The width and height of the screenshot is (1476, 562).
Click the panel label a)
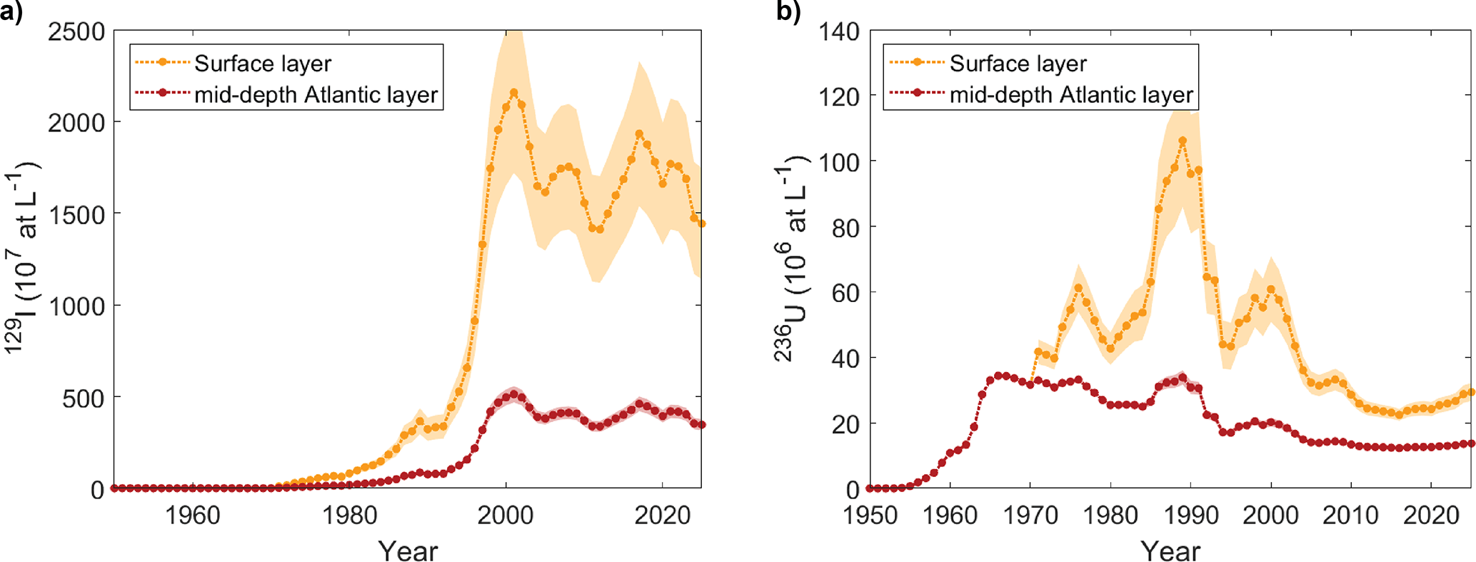coord(12,12)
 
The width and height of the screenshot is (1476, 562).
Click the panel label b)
coord(788,12)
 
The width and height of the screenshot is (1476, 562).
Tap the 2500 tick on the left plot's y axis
coord(76,32)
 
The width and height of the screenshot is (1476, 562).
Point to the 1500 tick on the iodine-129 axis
coord(76,215)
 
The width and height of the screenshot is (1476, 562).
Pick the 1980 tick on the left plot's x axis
coord(349,514)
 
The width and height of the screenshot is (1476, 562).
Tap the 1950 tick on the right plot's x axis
coord(870,514)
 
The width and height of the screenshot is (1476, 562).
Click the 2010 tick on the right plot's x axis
coord(1350,514)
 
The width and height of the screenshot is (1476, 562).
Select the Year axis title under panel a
coord(408,551)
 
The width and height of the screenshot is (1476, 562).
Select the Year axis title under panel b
coord(1170,551)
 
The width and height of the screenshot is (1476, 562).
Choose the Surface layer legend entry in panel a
coord(263,64)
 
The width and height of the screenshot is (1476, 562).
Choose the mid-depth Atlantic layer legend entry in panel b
coord(1071,95)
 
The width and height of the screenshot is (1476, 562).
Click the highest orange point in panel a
coord(513,93)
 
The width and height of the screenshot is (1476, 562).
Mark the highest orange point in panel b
coord(1183,141)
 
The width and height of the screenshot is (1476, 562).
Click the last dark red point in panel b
coord(1471,443)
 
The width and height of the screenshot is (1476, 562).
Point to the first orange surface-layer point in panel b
coord(1038,352)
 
